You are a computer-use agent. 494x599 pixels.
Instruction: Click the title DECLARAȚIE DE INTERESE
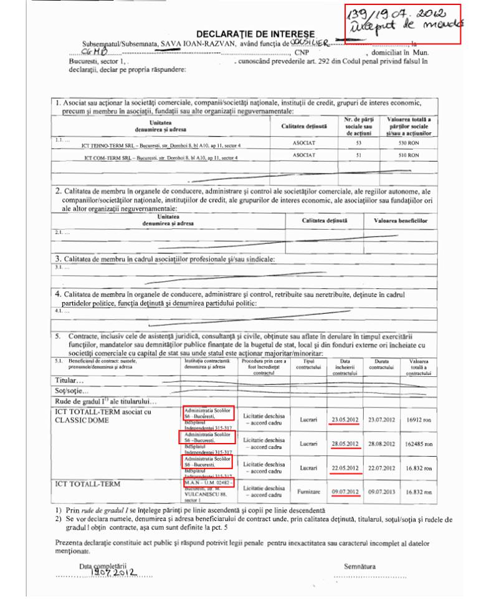click(255, 33)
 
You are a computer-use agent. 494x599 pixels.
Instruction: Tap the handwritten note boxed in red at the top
click(402, 24)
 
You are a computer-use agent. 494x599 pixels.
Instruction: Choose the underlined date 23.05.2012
click(345, 419)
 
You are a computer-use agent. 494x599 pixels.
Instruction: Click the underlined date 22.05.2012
click(345, 468)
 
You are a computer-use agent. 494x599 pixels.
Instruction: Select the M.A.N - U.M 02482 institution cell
click(208, 483)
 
